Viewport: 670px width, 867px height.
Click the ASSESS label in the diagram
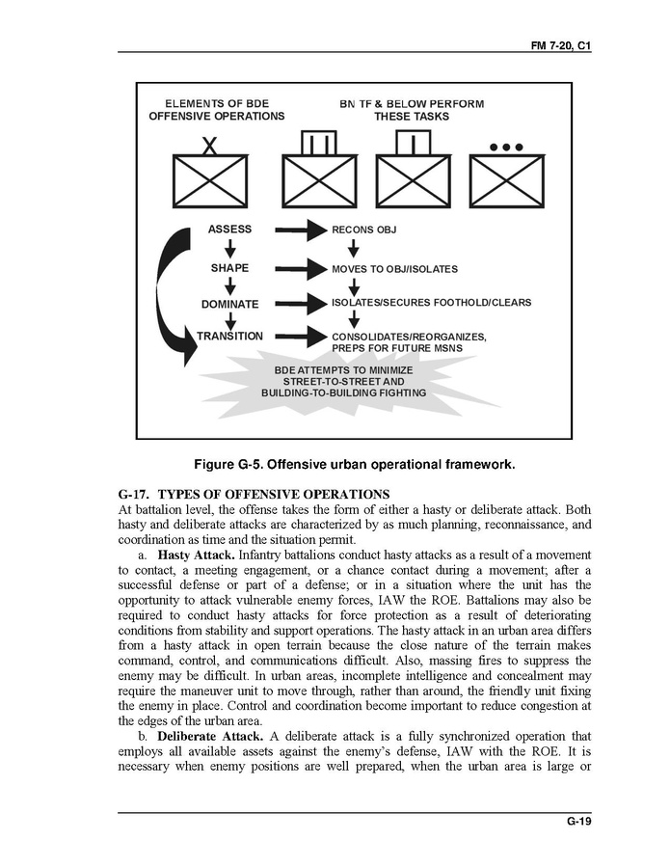[229, 230]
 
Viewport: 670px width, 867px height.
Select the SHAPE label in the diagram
[229, 267]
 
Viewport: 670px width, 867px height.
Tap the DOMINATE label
[229, 304]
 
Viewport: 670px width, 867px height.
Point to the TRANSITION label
[229, 337]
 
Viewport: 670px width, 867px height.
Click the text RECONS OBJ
[364, 230]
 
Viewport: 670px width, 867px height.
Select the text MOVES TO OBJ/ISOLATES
[394, 269]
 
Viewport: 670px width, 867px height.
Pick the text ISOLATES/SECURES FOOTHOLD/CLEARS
[431, 303]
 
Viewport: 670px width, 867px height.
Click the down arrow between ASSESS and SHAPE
[230, 248]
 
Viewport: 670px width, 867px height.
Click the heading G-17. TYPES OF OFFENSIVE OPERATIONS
[253, 495]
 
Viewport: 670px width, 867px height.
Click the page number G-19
[578, 822]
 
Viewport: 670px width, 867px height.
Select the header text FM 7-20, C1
[561, 46]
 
